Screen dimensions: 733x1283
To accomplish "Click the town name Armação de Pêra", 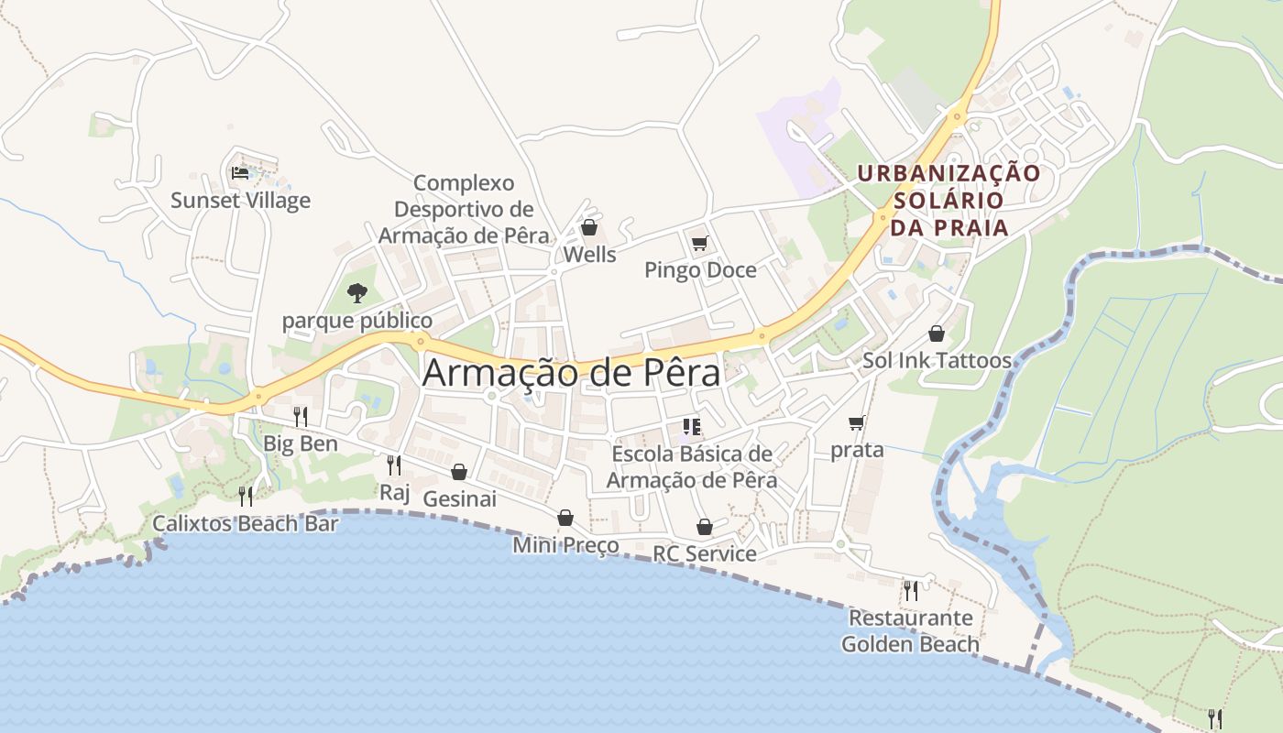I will (571, 373).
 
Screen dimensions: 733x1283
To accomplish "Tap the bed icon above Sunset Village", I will (240, 172).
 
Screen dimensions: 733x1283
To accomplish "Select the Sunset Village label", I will (240, 200).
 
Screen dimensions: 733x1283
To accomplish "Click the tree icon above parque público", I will (357, 293).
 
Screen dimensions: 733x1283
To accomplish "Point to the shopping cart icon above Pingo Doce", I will (700, 243).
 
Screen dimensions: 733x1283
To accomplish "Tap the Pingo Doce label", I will (700, 269).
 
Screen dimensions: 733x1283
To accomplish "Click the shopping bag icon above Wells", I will (589, 227).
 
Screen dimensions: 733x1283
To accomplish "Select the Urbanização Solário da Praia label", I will (949, 200).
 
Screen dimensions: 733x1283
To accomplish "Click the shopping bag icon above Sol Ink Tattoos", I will (937, 334).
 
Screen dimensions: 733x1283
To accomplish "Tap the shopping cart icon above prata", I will (857, 422).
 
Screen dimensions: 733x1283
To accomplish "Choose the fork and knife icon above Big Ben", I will (301, 417).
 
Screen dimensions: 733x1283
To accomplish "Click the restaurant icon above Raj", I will (394, 465).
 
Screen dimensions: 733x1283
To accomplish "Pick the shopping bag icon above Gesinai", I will (459, 472).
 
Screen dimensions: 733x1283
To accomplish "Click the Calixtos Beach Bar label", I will (246, 523).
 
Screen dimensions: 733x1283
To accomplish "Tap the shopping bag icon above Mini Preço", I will (565, 519).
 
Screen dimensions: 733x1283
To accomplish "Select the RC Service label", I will (704, 553).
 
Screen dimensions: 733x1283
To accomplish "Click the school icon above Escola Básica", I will (692, 426).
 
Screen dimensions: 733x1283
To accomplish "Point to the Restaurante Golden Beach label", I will (910, 630).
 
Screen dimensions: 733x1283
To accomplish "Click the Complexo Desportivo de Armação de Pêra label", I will (464, 209).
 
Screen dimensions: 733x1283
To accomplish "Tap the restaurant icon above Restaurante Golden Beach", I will (910, 590).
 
